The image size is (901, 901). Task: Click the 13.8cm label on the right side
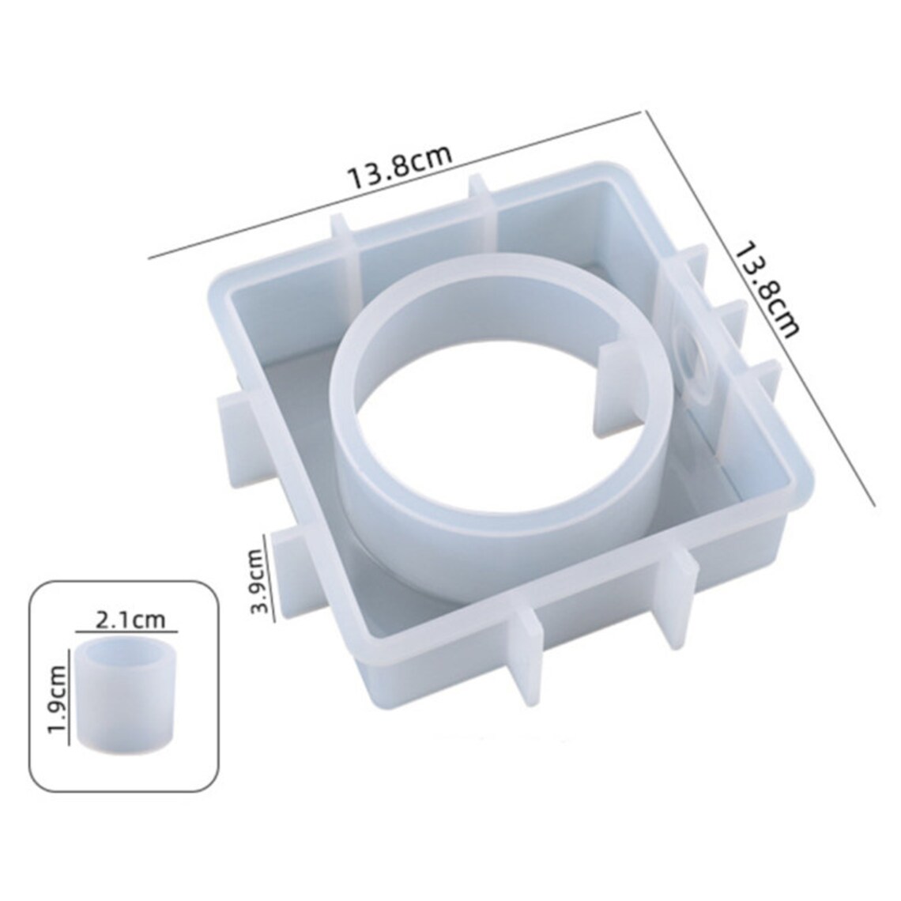tap(767, 290)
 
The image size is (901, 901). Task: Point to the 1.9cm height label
tap(58, 698)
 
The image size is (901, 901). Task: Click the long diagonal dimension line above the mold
tap(394, 185)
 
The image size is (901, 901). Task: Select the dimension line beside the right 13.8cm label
tap(760, 307)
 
